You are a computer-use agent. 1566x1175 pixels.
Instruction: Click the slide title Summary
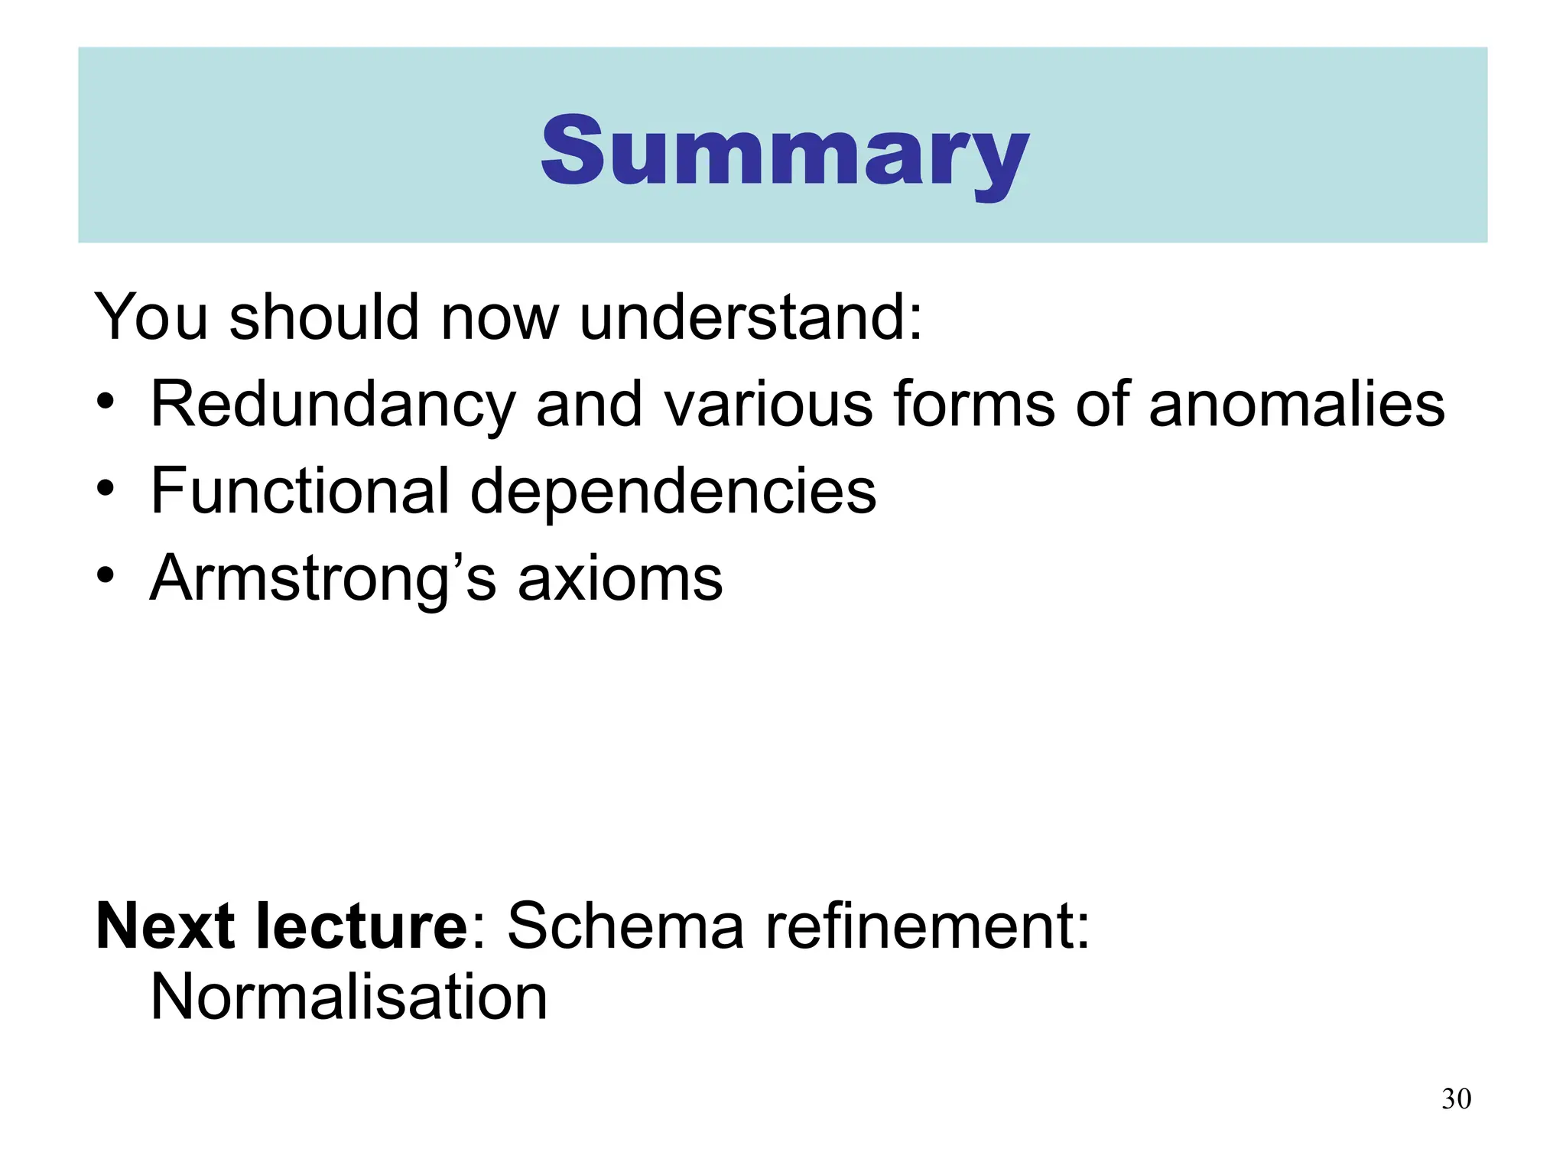[785, 151]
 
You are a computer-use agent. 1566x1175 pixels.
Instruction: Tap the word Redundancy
[333, 405]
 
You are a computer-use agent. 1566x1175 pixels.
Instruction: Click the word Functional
[300, 490]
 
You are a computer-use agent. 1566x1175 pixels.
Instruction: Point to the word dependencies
[673, 492]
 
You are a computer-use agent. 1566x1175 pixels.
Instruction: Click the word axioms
[620, 579]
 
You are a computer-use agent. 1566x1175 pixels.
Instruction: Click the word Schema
[625, 926]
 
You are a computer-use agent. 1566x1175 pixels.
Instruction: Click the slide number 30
[1456, 1099]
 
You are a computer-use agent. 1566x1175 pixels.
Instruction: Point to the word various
[768, 405]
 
